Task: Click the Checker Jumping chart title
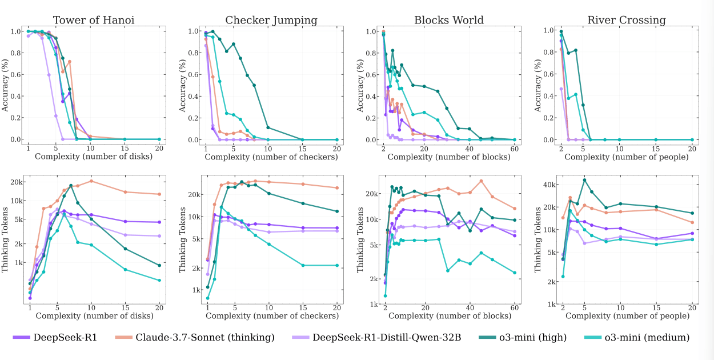coord(271,21)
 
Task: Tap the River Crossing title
coord(627,21)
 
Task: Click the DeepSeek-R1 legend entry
coord(55,338)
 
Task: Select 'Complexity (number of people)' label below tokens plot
coord(627,315)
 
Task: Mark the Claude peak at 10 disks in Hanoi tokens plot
coord(91,181)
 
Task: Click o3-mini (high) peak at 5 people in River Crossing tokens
coord(584,180)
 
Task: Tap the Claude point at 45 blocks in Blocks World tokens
coord(481,181)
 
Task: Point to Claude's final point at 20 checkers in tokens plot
coord(337,188)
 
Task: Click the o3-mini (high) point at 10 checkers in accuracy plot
coord(268,127)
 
